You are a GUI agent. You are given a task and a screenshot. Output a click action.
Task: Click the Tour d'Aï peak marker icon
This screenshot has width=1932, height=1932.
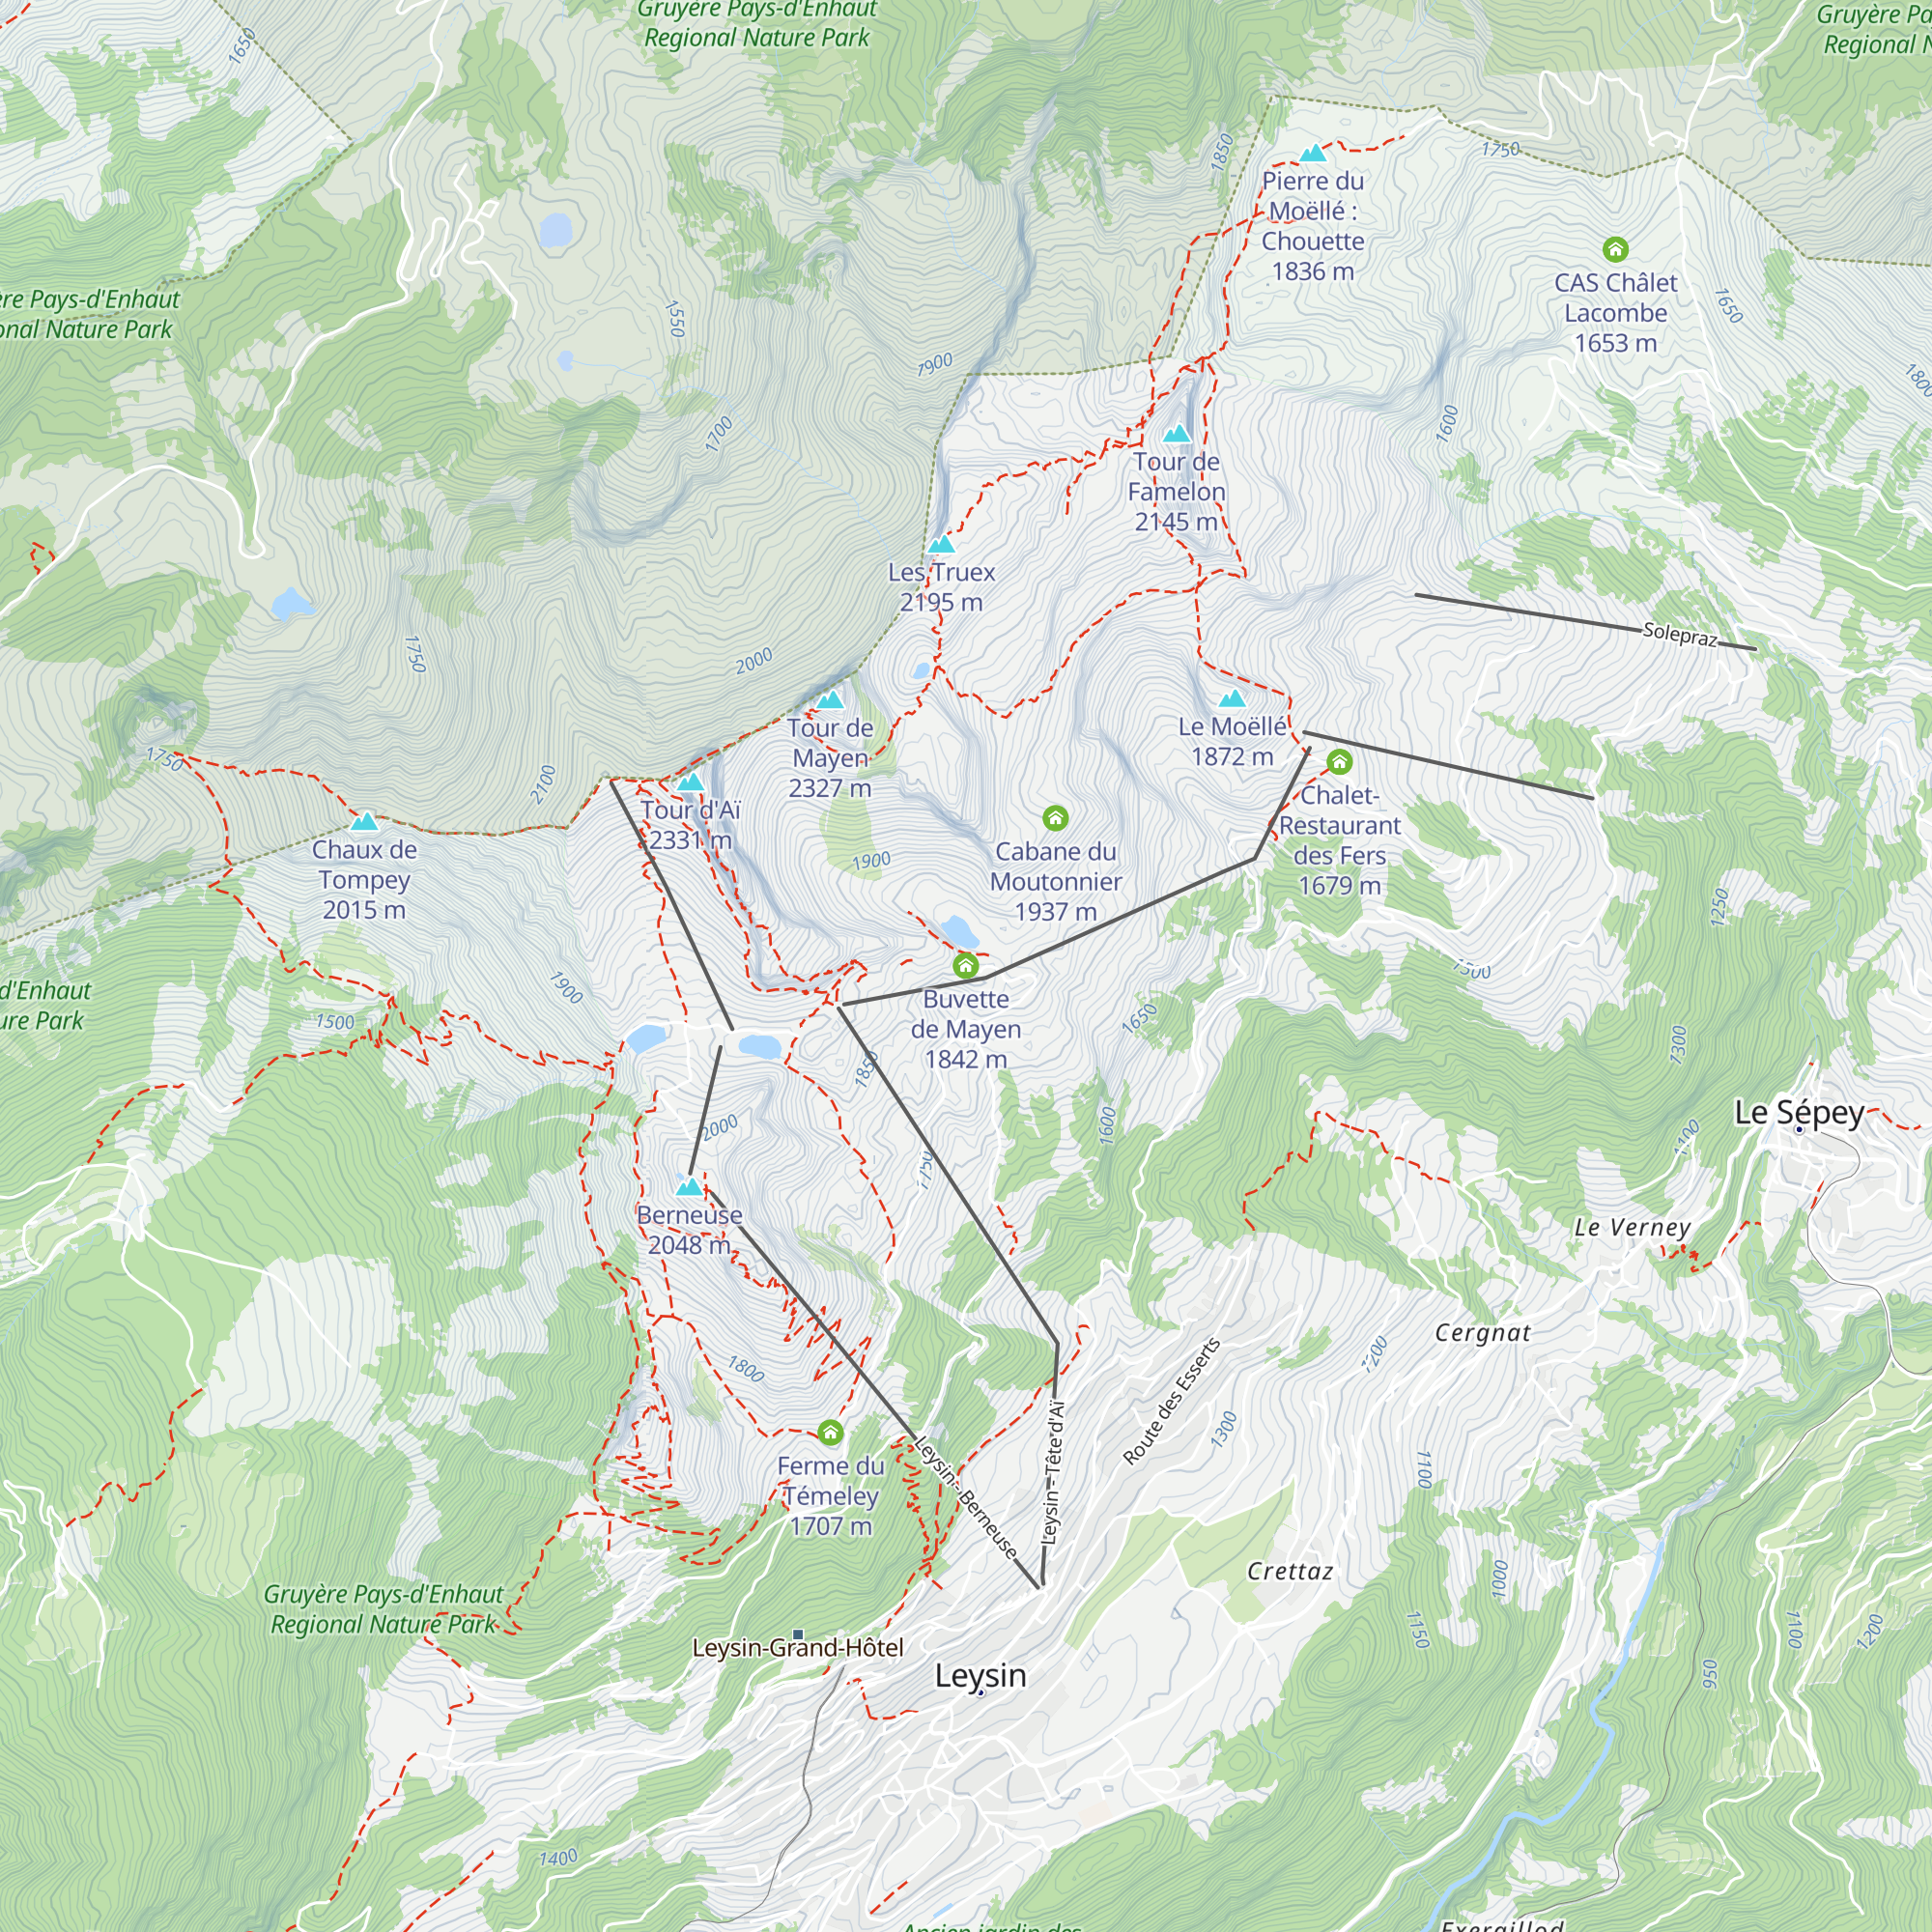pyautogui.click(x=690, y=782)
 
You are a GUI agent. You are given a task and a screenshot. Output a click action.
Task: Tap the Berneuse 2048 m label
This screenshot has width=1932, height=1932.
pyautogui.click(x=689, y=1229)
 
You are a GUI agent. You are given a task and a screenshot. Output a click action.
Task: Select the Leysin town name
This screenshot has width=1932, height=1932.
pyautogui.click(x=980, y=1675)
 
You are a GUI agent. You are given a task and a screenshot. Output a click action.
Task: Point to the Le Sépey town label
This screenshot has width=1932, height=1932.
pyautogui.click(x=1798, y=1112)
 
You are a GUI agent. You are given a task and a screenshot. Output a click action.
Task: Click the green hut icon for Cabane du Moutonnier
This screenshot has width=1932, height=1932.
pyautogui.click(x=1055, y=818)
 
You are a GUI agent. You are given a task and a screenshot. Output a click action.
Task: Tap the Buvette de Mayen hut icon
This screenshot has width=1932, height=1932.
pyautogui.click(x=965, y=965)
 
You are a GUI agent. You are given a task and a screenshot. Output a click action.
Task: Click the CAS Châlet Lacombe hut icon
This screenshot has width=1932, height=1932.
pyautogui.click(x=1615, y=249)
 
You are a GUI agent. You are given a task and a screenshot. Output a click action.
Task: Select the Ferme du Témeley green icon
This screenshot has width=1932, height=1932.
pyautogui.click(x=830, y=1432)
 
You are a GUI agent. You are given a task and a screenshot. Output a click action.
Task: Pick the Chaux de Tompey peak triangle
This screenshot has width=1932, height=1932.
pyautogui.click(x=364, y=822)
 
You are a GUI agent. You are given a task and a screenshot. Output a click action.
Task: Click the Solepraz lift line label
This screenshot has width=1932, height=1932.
pyautogui.click(x=1679, y=634)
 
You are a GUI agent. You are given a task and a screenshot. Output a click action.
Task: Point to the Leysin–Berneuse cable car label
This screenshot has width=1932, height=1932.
pyautogui.click(x=966, y=1498)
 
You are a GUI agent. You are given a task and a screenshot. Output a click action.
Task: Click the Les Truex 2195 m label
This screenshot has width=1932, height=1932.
pyautogui.click(x=941, y=587)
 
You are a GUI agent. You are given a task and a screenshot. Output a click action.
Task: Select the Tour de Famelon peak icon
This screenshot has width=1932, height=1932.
pyautogui.click(x=1177, y=433)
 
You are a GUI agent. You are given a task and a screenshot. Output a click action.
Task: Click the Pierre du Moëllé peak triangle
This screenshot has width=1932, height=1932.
pyautogui.click(x=1312, y=153)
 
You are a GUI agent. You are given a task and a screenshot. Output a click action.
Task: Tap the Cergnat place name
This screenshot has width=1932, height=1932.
pyautogui.click(x=1482, y=1332)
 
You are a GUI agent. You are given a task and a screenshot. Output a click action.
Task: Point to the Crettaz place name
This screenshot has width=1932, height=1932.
pyautogui.click(x=1289, y=1571)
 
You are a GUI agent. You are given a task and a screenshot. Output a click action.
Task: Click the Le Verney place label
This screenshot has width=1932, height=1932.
pyautogui.click(x=1632, y=1227)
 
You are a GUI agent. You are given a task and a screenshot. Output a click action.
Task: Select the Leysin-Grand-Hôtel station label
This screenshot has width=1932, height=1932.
pyautogui.click(x=797, y=1647)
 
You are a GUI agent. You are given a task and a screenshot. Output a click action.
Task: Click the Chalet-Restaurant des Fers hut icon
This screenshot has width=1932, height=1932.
pyautogui.click(x=1339, y=762)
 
